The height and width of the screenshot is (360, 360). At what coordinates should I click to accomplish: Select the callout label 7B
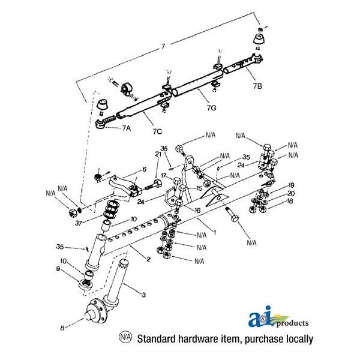tap(257, 87)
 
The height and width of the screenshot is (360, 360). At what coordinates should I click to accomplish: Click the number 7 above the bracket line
tap(162, 46)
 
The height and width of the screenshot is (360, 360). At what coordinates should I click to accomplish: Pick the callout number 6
tap(145, 170)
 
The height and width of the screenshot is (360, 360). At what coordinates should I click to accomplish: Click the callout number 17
tap(163, 175)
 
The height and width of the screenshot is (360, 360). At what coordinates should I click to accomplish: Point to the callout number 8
tap(62, 328)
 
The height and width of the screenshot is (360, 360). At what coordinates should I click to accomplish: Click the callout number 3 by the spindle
tap(143, 295)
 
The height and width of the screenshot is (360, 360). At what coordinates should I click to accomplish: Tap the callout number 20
tap(291, 194)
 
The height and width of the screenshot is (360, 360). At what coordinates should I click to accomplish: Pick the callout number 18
tap(291, 202)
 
